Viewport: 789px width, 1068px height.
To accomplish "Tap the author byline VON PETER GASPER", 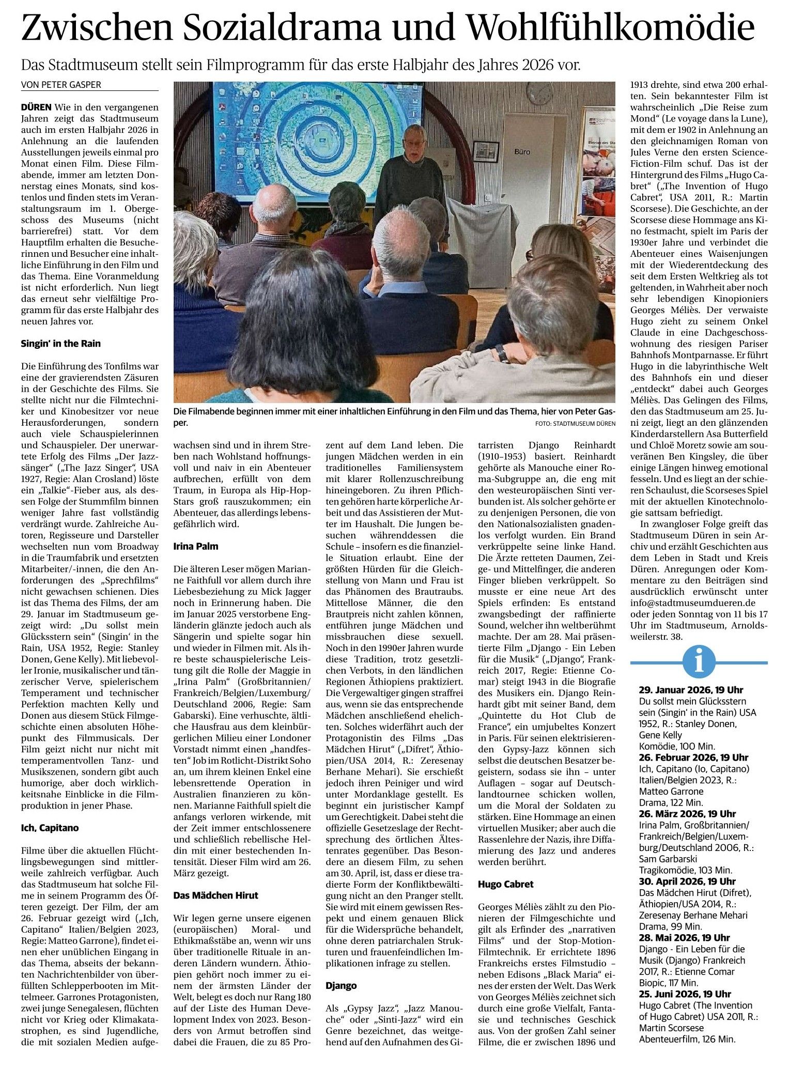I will point(61,85).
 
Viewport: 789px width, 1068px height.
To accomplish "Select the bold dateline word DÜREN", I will point(36,107).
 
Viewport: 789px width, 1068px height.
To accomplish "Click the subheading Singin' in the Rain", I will point(61,343).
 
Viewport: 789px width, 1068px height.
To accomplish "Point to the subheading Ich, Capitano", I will point(50,828).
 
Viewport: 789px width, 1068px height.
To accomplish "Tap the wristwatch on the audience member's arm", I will point(502,354).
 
